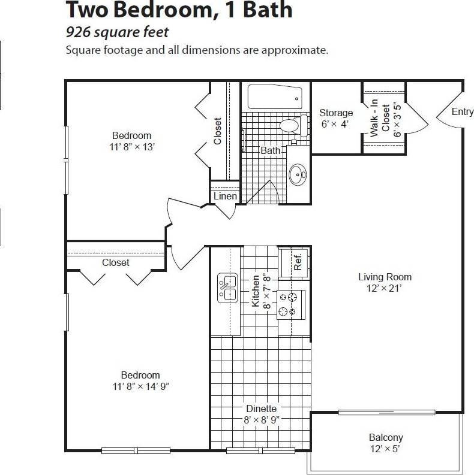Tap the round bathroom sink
298,175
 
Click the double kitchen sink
227,286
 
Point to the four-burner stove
291,304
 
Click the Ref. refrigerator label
297,262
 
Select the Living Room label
385,277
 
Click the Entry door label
462,112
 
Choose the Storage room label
336,113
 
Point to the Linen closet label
225,196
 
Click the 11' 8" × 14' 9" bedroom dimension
140,386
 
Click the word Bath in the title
264,10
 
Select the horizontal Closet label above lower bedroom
115,262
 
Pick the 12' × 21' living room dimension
385,288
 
